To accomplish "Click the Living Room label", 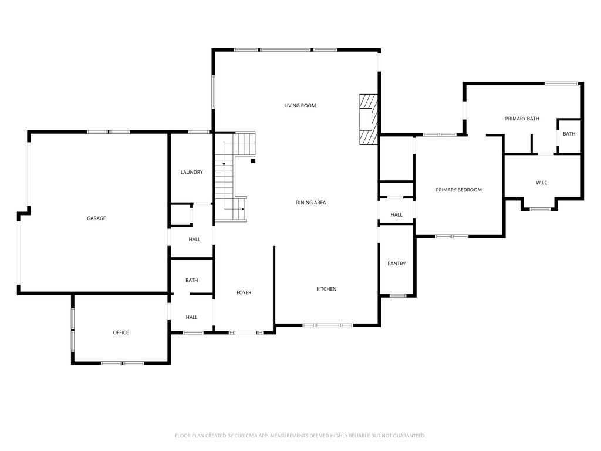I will click(x=300, y=106).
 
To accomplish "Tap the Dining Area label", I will click(x=310, y=203).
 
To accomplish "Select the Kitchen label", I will click(x=326, y=289).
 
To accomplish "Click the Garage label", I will click(x=96, y=218).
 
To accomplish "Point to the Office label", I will click(x=121, y=332).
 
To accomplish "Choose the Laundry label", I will click(x=191, y=172).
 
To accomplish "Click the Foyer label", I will click(x=244, y=292).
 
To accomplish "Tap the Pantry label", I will click(x=396, y=264).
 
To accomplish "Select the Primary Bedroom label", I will click(x=458, y=190).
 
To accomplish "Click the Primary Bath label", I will click(x=522, y=119).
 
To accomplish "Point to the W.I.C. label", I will click(x=542, y=183).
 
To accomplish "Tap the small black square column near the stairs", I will click(x=253, y=160).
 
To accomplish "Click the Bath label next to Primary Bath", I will click(x=569, y=134).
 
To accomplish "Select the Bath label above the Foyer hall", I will click(x=191, y=280).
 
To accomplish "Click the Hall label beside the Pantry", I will click(x=396, y=215).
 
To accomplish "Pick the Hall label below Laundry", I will click(x=194, y=240).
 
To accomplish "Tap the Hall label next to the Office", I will click(x=191, y=317).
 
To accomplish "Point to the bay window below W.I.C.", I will click(x=540, y=208).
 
